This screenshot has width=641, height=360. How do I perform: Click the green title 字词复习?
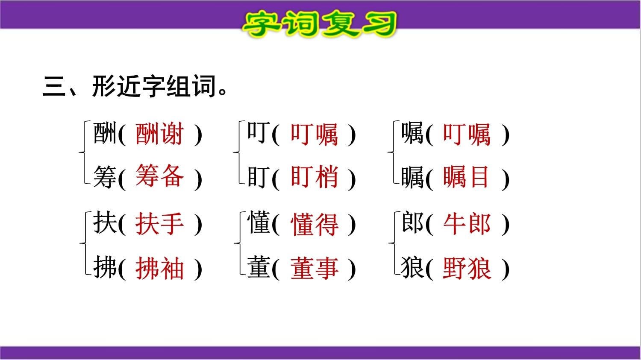[320, 23]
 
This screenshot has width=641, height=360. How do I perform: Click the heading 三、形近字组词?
[135, 86]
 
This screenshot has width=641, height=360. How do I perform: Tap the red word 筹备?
[159, 176]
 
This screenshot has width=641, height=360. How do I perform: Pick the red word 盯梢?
[314, 176]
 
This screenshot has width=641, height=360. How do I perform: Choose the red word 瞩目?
[466, 177]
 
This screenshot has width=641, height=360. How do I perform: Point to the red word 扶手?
[159, 224]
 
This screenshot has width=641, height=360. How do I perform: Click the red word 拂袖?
[159, 268]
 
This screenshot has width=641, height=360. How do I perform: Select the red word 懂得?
[314, 225]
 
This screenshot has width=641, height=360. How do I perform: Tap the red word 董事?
[314, 268]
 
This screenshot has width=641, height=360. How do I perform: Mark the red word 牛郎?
[467, 224]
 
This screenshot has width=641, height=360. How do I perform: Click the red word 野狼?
[467, 268]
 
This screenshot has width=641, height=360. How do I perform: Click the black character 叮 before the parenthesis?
[259, 132]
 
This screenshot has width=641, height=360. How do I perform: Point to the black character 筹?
[105, 177]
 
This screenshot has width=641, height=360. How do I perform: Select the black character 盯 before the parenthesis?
[259, 177]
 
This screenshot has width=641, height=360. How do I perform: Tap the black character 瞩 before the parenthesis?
[412, 178]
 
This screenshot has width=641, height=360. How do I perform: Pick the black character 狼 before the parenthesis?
[412, 267]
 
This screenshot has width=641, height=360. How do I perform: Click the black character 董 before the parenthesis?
[259, 267]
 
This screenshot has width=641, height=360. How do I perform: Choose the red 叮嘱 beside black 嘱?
[467, 135]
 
